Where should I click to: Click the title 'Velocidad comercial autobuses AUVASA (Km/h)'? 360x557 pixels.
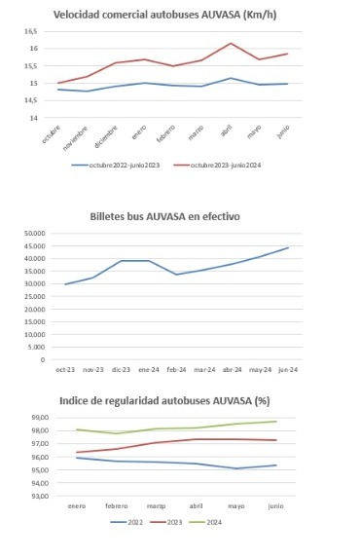click(179, 15)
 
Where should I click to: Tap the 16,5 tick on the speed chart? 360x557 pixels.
click(31, 31)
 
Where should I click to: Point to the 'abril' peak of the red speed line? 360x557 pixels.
click(230, 43)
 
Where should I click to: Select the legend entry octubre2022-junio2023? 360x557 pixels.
click(124, 166)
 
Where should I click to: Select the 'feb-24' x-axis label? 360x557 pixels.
click(179, 370)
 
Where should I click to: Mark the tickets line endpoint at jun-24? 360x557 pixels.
click(289, 247)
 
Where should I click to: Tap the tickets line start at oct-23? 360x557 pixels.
click(65, 284)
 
